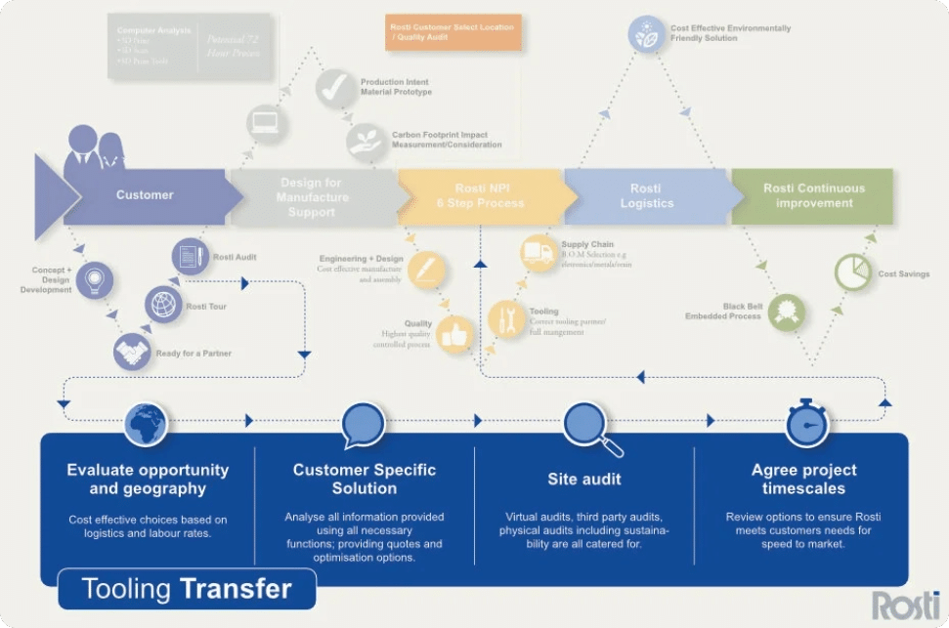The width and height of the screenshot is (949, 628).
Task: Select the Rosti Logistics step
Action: [646, 195]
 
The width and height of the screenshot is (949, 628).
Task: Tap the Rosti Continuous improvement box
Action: [813, 195]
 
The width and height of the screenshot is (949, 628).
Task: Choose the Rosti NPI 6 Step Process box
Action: [479, 195]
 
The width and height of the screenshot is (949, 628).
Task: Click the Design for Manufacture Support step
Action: [311, 196]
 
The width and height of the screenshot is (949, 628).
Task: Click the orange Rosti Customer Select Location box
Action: [453, 32]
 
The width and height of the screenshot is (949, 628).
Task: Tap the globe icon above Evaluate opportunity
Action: [146, 423]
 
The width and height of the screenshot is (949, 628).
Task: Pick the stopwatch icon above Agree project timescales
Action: [807, 424]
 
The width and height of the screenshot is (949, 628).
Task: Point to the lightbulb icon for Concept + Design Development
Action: [94, 279]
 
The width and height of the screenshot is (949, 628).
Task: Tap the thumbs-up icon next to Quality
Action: [454, 334]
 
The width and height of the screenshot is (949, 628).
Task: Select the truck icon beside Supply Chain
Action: [539, 254]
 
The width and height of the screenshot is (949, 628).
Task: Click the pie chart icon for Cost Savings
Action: [852, 272]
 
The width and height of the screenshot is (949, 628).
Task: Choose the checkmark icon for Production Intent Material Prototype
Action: [335, 88]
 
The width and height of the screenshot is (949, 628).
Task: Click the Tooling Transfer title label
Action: [187, 589]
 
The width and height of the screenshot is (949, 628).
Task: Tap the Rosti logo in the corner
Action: [905, 604]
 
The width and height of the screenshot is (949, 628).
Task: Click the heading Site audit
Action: [583, 480]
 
